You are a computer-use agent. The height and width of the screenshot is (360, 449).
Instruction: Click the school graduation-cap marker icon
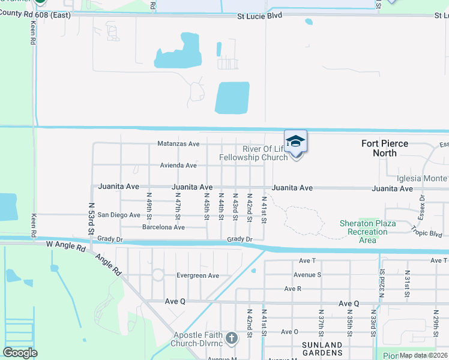295,142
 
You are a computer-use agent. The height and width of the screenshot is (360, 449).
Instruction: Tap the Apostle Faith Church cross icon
232,338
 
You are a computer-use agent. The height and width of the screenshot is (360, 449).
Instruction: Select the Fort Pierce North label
385,148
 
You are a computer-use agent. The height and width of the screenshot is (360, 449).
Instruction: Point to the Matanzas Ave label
178,144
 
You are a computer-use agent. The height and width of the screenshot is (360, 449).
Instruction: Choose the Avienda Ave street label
178,166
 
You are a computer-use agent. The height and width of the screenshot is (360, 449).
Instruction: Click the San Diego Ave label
119,215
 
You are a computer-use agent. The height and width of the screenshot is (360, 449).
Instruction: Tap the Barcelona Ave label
163,227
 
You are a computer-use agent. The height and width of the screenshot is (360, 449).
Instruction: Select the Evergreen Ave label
197,275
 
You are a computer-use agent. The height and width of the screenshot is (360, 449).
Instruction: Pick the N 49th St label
149,206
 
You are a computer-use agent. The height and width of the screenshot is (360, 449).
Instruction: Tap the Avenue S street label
307,275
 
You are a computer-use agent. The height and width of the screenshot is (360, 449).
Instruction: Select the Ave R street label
293,289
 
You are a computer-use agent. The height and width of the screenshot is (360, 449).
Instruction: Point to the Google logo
20,353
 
